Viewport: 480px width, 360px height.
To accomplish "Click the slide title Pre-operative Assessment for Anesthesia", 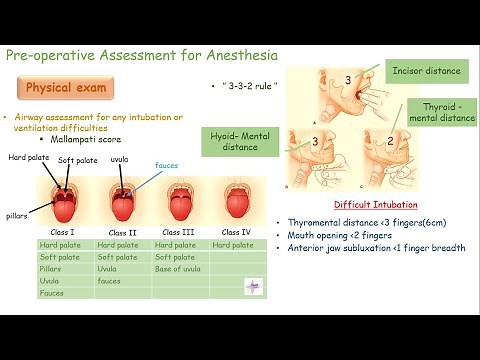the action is pos(141,54).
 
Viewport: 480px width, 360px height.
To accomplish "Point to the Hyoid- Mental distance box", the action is pos(239,141).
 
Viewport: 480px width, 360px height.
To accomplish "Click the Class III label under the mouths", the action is pos(178,232).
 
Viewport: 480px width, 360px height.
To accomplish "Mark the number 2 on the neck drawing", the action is pos(390,142).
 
